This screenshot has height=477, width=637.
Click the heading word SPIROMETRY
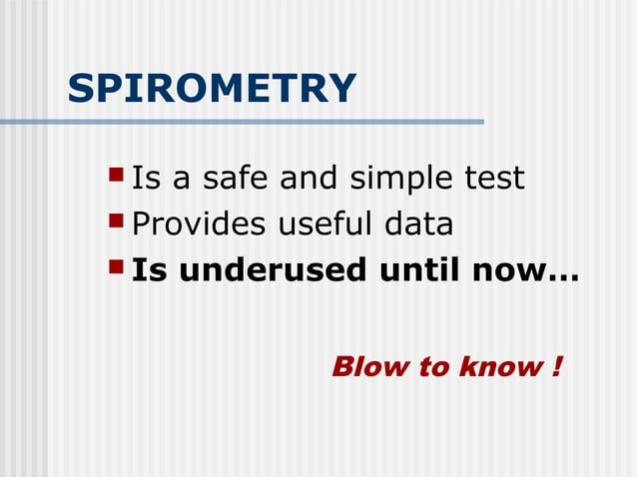click(212, 90)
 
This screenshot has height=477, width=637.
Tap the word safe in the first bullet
click(238, 179)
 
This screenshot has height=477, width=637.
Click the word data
click(418, 225)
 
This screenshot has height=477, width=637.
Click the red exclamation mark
click(555, 366)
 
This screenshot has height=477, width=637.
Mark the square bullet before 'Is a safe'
click(116, 178)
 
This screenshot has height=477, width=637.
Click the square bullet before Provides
click(116, 223)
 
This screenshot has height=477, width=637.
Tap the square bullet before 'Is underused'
click(116, 268)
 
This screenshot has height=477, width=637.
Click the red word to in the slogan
click(432, 366)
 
